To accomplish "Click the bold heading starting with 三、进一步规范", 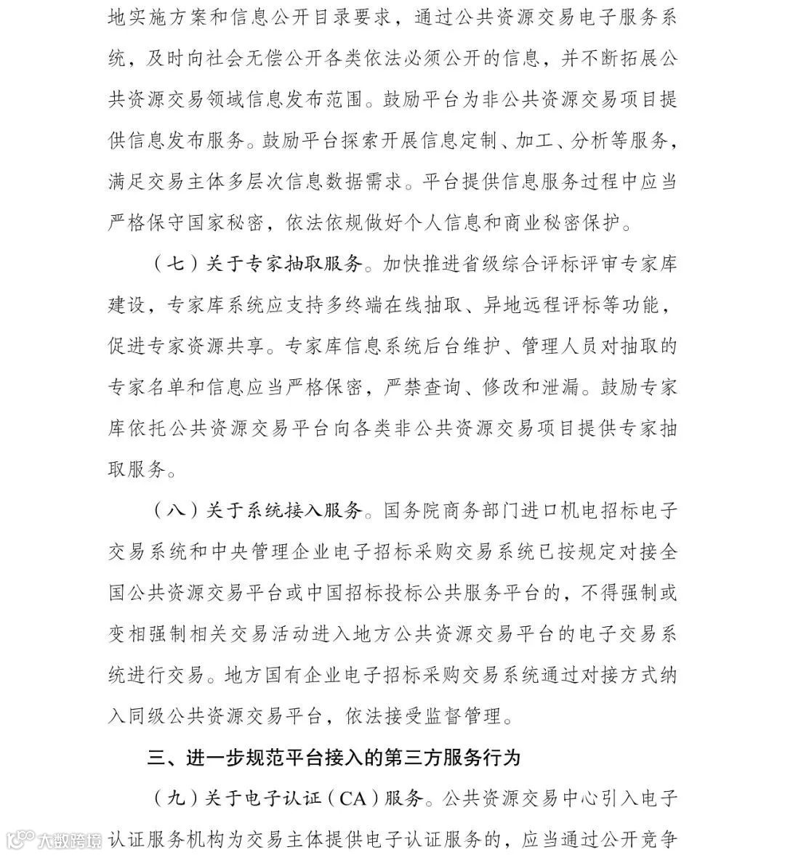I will [x=334, y=758].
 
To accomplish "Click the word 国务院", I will [x=414, y=511].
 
